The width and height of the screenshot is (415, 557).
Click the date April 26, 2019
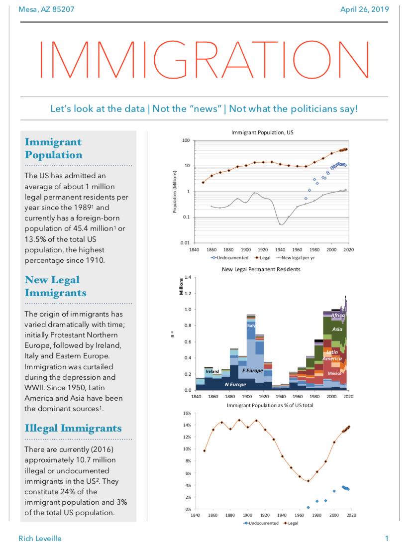(364, 9)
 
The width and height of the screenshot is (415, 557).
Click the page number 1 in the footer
(387, 538)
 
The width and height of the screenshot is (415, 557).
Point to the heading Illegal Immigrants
(73, 428)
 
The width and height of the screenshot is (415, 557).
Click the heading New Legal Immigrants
(55, 286)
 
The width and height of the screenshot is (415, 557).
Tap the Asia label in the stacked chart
(337, 329)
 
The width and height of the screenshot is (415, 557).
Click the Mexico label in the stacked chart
(334, 373)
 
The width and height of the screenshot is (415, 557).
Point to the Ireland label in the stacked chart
(212, 371)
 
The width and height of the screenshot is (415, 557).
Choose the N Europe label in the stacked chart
(235, 384)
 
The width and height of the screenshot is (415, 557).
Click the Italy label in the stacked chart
(251, 325)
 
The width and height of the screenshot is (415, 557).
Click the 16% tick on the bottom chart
(188, 413)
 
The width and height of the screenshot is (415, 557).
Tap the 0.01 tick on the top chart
(185, 243)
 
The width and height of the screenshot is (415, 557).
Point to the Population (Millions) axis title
(175, 192)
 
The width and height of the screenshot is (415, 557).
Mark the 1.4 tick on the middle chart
(188, 276)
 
